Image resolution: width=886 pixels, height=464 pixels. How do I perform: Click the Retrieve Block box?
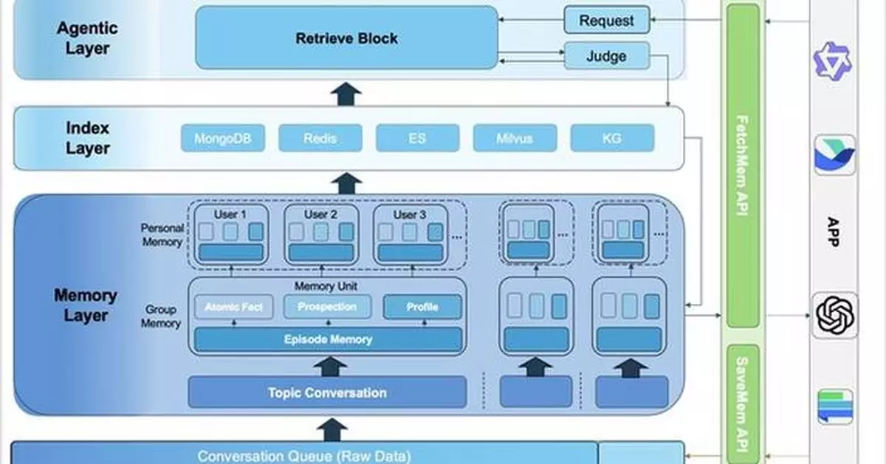pos(346,38)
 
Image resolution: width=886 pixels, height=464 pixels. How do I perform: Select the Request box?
pos(606,21)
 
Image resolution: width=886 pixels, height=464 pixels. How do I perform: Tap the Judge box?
pos(606,56)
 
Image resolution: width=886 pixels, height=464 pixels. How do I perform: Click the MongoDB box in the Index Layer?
pos(223,138)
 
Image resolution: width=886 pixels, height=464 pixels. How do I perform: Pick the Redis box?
pos(320,138)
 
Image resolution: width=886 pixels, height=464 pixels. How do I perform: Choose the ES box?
pos(417,138)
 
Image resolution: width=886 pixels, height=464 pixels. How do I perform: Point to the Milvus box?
pos(515,138)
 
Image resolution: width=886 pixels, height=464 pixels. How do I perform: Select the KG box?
pos(612,138)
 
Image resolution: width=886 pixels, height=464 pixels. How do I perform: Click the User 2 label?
pos(321,215)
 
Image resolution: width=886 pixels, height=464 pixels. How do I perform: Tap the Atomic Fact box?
pos(234,307)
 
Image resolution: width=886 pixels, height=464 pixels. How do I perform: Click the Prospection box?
pos(327,307)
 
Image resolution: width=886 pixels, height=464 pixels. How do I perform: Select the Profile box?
pos(422,307)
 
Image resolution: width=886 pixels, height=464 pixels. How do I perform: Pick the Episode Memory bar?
pos(328,340)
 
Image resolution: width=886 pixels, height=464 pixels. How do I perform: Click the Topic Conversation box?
pos(327,392)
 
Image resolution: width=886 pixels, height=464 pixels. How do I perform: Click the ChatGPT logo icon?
pos(835,315)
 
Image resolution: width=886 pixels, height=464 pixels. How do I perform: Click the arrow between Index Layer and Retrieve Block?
pos(346,94)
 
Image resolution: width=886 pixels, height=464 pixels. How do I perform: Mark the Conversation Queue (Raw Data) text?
pos(303,456)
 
